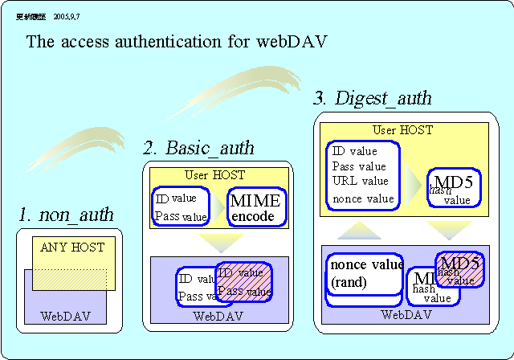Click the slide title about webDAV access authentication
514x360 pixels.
pos(177,42)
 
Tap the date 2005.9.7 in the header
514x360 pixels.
pos(67,15)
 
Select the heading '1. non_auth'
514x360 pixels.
pos(67,215)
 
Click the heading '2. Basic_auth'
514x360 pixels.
pos(198,148)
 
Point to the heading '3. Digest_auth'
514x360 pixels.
pos(372,99)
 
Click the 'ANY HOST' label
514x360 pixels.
pos(72,247)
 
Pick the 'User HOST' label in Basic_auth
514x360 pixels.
pos(214,174)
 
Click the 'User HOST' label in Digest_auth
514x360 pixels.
pos(402,129)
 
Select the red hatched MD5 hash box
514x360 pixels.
pos(460,270)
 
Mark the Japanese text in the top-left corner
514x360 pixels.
pos(31,15)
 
